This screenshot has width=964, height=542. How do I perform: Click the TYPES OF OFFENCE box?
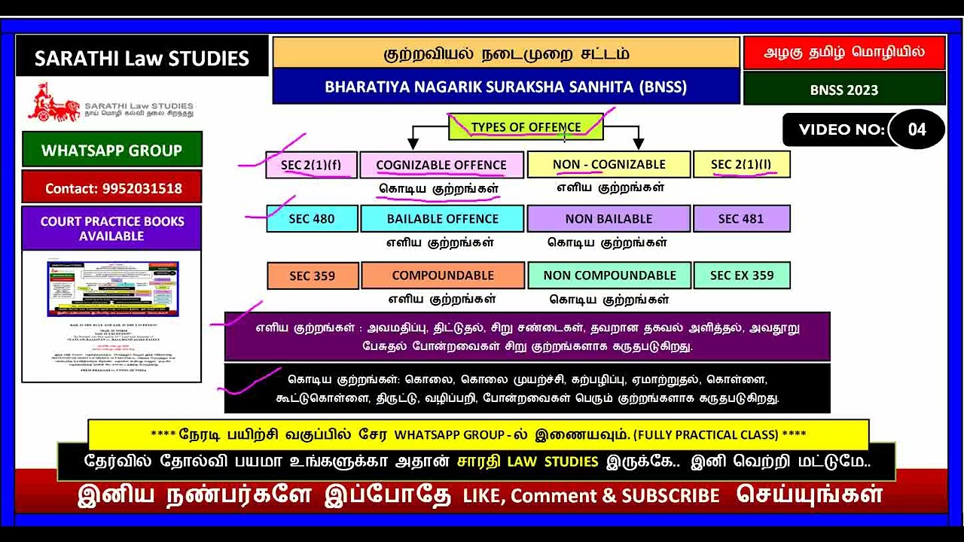click(526, 127)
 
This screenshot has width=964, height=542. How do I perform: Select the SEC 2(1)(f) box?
click(311, 165)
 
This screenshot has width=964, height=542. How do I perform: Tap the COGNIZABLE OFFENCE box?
click(441, 165)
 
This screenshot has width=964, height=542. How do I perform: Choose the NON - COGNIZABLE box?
click(609, 165)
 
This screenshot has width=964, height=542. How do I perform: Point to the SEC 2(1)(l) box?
click(741, 165)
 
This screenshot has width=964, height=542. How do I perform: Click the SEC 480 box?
click(312, 219)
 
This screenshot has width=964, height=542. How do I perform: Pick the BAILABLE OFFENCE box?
click(442, 219)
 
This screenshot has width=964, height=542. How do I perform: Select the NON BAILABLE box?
click(609, 219)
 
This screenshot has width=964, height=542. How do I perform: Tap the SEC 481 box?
click(741, 219)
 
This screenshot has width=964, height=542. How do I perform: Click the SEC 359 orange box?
click(312, 276)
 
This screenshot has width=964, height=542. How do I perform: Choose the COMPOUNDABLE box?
click(443, 276)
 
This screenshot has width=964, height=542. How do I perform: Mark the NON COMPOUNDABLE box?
click(609, 276)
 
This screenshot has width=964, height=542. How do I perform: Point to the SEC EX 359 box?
click(741, 276)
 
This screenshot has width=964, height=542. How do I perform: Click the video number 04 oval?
click(917, 129)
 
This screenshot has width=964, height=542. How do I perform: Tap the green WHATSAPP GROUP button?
click(111, 150)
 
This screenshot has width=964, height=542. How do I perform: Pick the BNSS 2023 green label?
click(843, 90)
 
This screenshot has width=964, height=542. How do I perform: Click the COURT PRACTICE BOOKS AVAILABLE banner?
click(111, 229)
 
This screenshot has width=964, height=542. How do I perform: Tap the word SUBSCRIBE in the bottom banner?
click(670, 495)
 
